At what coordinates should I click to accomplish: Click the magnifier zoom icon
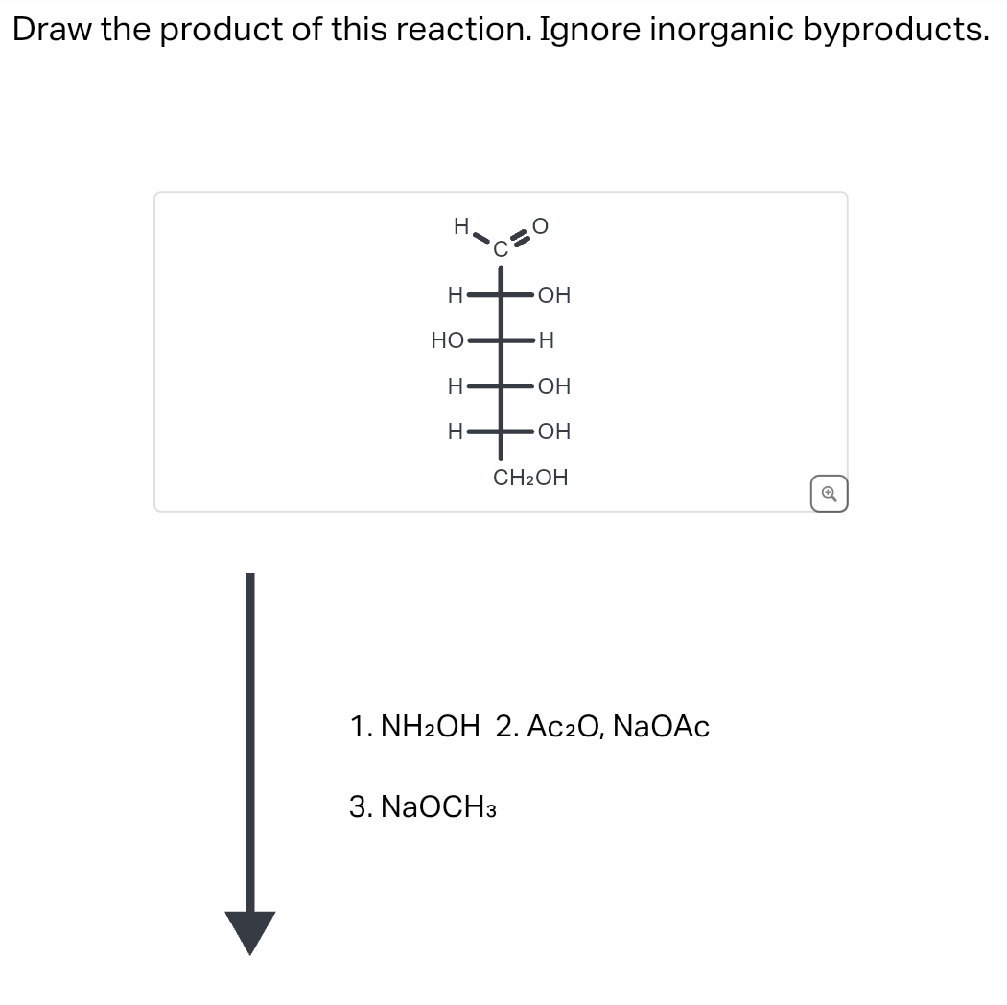pyautogui.click(x=830, y=495)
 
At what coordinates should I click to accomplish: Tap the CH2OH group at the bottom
pyautogui.click(x=530, y=477)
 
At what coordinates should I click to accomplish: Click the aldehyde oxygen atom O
pyautogui.click(x=541, y=226)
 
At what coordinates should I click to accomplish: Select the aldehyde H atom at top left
pyautogui.click(x=460, y=226)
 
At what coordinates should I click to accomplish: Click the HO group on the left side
pyautogui.click(x=447, y=339)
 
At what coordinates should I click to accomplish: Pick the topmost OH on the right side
pyautogui.click(x=553, y=295)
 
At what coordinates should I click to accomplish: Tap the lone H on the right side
pyautogui.click(x=547, y=339)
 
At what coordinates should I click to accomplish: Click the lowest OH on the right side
pyautogui.click(x=553, y=432)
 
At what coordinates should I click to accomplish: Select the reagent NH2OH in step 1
pyautogui.click(x=429, y=727)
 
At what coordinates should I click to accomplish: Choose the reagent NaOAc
pyautogui.click(x=661, y=727)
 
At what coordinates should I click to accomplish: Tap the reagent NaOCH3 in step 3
pyautogui.click(x=438, y=807)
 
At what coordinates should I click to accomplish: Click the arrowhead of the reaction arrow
pyautogui.click(x=250, y=931)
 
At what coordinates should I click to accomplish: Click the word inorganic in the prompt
pyautogui.click(x=720, y=30)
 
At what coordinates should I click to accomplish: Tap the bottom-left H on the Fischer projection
pyautogui.click(x=457, y=432)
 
